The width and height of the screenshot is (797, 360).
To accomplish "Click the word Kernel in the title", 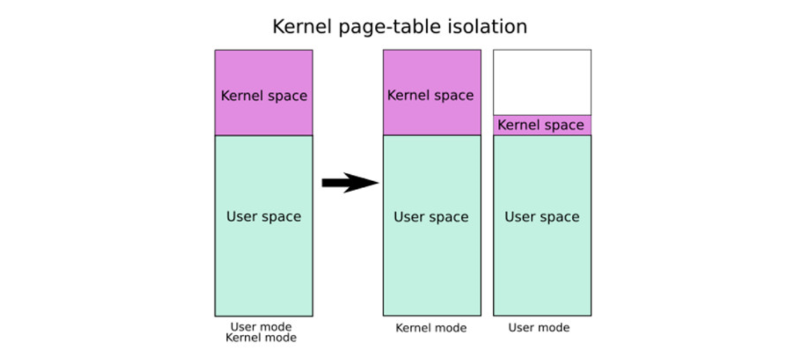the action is [302, 27].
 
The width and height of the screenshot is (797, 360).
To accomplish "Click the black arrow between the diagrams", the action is [350, 183].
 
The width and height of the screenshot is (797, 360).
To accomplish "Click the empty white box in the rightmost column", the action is [542, 82].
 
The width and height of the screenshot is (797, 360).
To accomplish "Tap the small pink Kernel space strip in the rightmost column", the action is [542, 125].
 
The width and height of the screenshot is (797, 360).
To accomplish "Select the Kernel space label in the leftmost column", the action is [264, 96].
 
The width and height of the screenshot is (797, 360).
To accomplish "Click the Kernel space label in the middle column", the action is [430, 96].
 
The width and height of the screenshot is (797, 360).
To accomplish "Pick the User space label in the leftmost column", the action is [264, 216].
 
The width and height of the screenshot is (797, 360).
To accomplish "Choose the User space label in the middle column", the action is [431, 217].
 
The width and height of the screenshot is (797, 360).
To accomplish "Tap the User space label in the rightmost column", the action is [542, 217].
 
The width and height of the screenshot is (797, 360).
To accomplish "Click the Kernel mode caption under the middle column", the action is [431, 328].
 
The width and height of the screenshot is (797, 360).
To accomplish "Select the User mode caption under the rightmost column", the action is [539, 327].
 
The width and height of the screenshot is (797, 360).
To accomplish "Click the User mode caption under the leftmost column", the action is [261, 327].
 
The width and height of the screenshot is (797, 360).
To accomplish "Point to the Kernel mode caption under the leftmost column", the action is [261, 337].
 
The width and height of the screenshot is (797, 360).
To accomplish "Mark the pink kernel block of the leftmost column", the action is [264, 93].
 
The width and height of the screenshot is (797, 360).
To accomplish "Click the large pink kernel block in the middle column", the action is [432, 93].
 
